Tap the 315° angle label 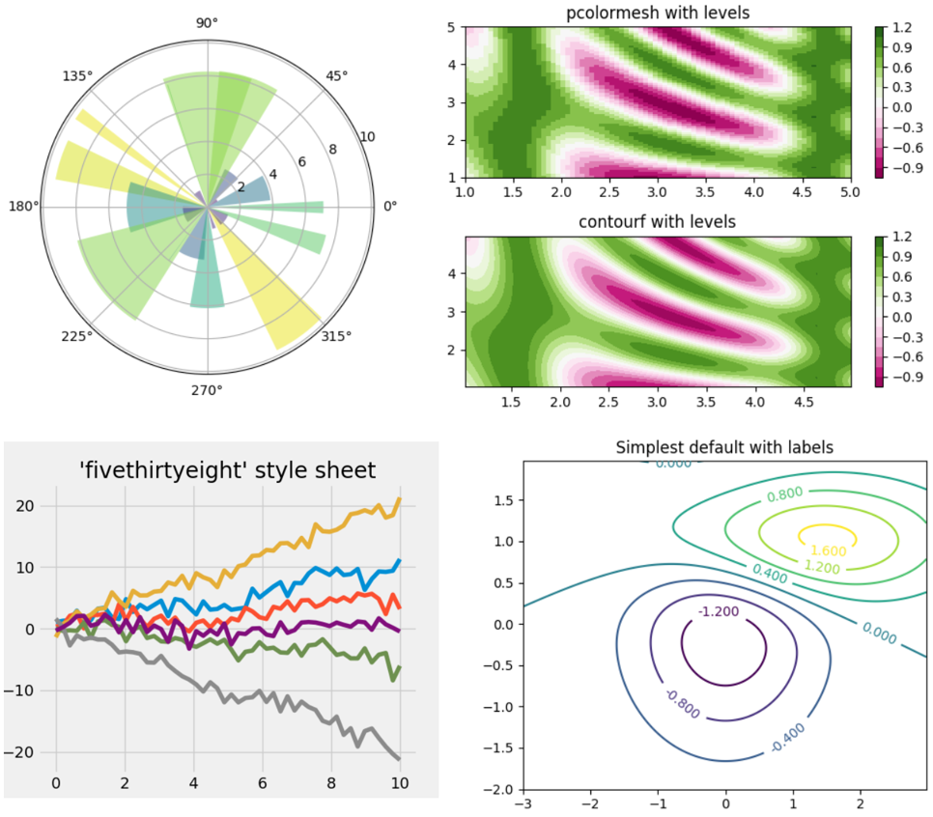336,335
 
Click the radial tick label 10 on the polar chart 367,137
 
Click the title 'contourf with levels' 657,222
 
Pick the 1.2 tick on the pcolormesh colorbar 902,28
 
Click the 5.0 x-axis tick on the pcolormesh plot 849,195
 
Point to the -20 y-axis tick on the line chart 23,752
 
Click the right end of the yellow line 399,499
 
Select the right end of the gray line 399,759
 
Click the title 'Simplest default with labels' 724,448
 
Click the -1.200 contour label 717,611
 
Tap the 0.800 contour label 783,496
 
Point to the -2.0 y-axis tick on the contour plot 500,790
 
